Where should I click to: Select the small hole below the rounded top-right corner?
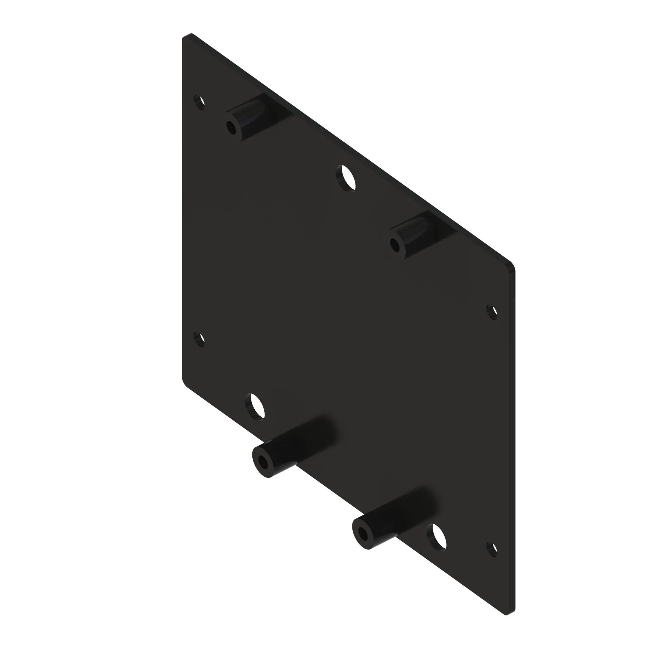492,312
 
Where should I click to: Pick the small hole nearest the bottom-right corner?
492,550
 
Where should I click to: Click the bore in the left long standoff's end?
264,463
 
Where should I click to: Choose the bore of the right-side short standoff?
395,245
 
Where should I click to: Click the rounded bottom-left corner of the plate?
186,382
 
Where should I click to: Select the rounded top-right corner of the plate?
511,265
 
